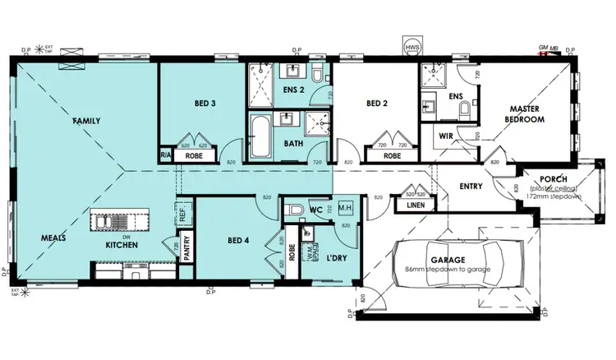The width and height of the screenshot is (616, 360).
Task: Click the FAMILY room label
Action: click(86, 121)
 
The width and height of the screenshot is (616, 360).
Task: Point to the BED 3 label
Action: click(205, 104)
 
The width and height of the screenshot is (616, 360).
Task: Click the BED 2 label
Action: click(376, 104)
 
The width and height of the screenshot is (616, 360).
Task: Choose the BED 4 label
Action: click(237, 240)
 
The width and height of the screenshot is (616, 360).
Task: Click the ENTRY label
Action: click(471, 186)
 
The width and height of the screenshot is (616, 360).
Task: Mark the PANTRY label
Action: click(187, 249)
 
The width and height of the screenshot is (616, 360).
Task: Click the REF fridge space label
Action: click(182, 217)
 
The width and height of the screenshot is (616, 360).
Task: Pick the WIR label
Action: click(447, 136)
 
